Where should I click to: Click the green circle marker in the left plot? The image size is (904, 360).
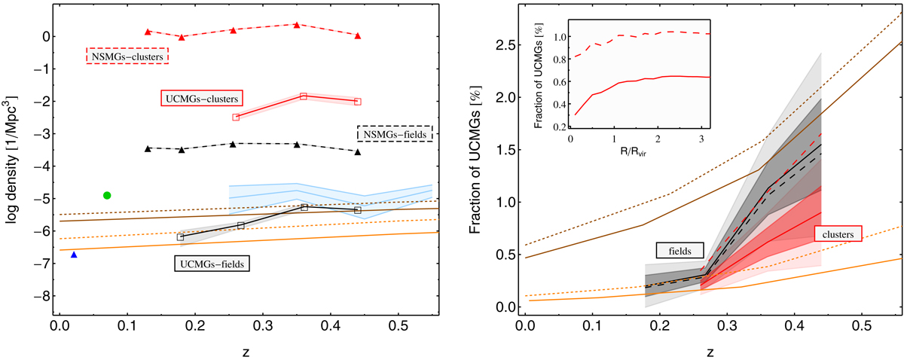click(107, 195)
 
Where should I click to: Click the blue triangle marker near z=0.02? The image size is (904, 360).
click(74, 255)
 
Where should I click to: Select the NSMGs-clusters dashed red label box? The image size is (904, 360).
click(127, 56)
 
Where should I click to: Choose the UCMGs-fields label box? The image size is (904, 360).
click(212, 264)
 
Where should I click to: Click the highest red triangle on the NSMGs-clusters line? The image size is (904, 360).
click(297, 25)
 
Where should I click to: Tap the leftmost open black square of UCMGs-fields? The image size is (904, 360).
click(180, 237)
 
